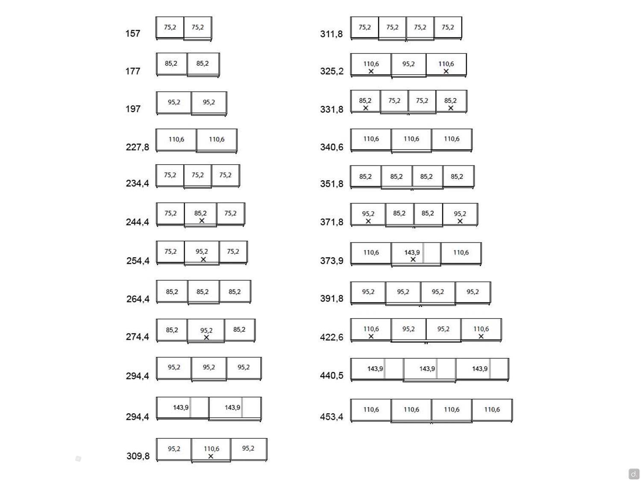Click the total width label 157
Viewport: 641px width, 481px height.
[x=132, y=34]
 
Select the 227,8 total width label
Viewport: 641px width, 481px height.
[x=137, y=147]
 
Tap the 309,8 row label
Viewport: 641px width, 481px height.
[x=138, y=456]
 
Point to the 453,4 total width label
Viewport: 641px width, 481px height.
[x=332, y=417]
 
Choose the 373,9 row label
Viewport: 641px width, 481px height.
[x=332, y=260]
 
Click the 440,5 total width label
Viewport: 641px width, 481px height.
[x=332, y=375]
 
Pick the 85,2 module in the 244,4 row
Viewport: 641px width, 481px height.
[x=200, y=215]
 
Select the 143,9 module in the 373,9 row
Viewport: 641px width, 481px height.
[x=416, y=254]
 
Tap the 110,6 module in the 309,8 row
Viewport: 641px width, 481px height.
[x=211, y=450]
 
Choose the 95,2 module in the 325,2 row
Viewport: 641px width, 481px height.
[x=409, y=65]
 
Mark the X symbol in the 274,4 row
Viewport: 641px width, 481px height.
[x=206, y=337]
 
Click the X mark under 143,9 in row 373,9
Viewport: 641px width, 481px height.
[x=413, y=260]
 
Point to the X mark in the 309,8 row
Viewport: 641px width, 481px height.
[x=211, y=456]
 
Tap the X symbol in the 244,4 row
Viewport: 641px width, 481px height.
[x=202, y=221]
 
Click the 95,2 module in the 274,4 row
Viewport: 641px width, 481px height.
[x=206, y=331]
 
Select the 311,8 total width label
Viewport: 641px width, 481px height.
[x=332, y=34]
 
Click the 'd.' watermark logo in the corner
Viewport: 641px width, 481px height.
[x=634, y=474]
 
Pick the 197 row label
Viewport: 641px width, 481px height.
[x=133, y=109]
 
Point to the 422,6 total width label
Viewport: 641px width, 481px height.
[x=332, y=337]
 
